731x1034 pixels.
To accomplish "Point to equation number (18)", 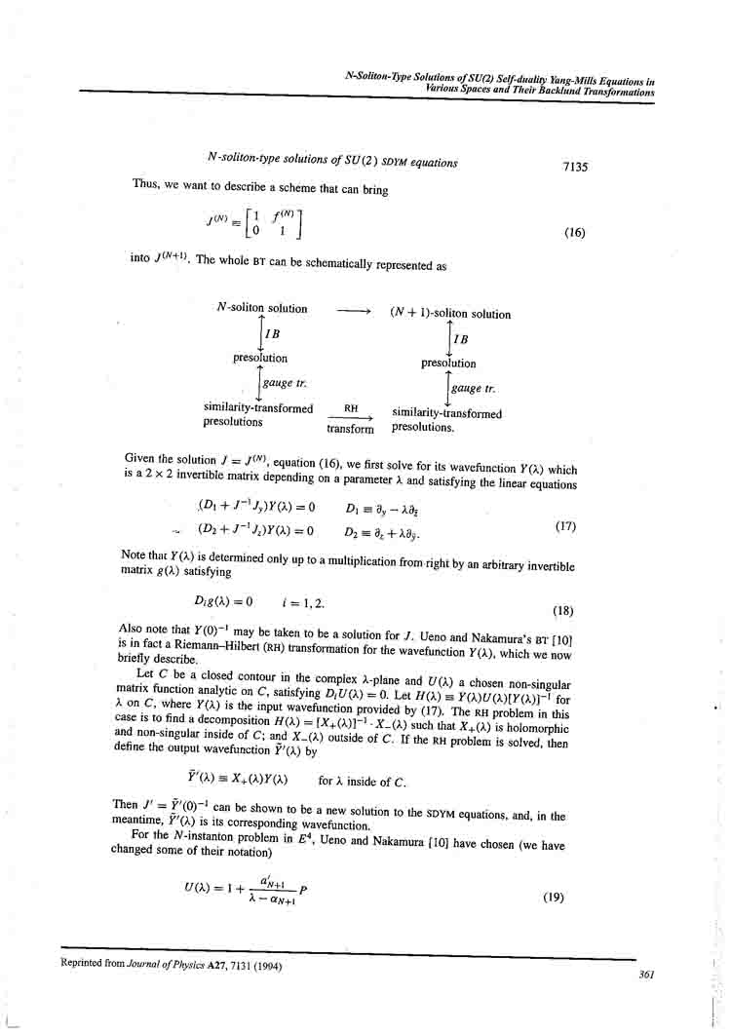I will [x=563, y=612].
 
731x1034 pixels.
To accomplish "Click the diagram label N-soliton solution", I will [x=262, y=309].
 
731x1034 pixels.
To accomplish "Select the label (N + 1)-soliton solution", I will [x=449, y=314].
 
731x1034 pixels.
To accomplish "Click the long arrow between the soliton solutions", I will [x=353, y=313].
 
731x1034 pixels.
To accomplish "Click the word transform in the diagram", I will [x=350, y=429].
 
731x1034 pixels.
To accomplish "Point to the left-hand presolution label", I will [x=260, y=359].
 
